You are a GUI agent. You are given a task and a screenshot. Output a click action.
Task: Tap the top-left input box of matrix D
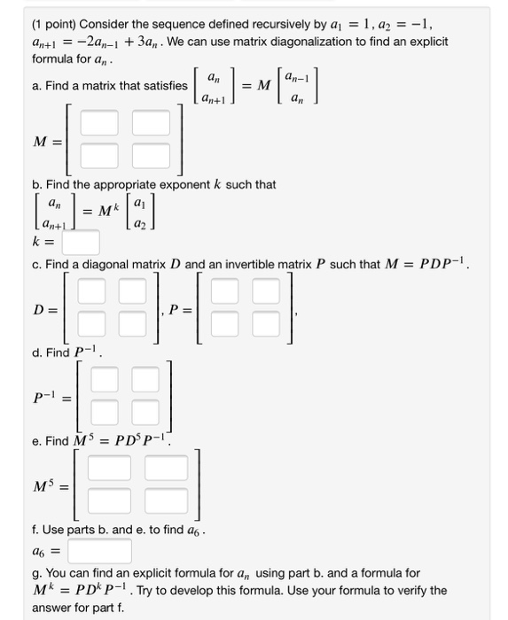(90, 291)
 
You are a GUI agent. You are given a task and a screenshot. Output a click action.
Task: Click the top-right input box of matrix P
(270, 291)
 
